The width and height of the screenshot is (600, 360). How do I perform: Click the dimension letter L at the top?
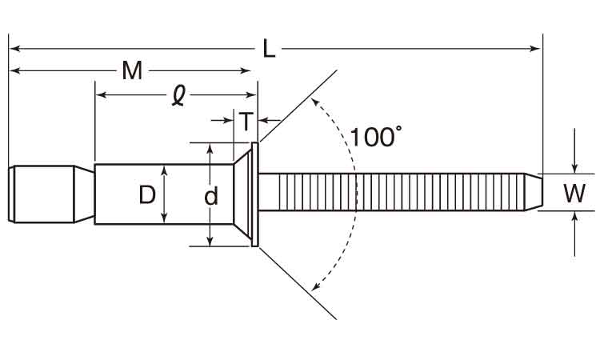269,49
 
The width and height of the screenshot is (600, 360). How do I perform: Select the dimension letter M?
132,71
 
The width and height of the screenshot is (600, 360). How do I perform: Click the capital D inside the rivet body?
146,194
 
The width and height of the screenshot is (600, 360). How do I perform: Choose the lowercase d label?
211,196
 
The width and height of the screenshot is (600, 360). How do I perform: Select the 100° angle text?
374,137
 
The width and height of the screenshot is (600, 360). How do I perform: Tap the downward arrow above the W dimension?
574,166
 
